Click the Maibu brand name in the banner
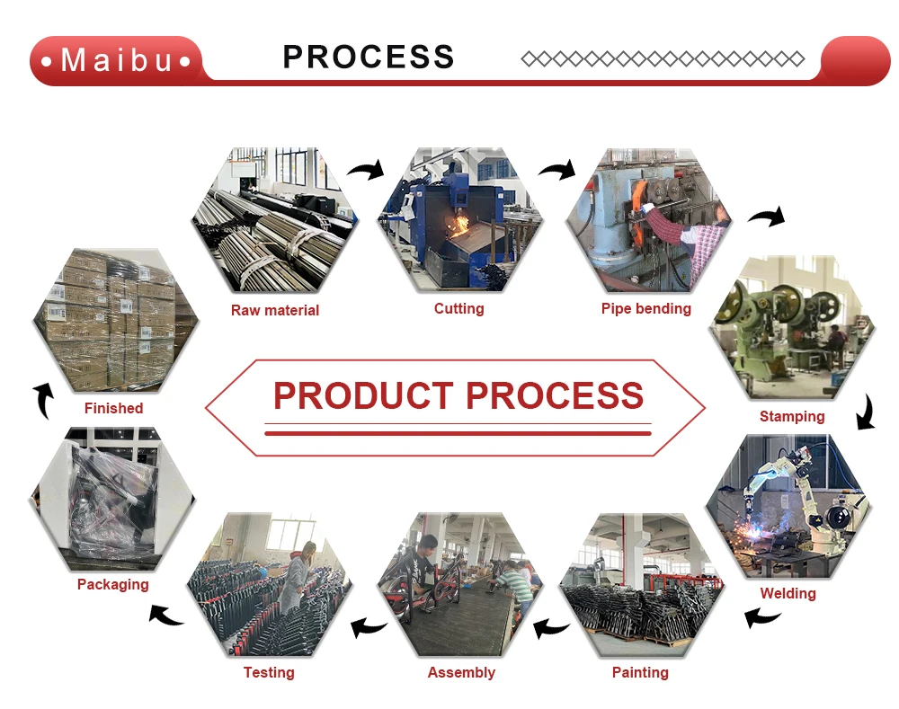click(117, 60)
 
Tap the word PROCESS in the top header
click(369, 57)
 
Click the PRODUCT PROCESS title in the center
click(458, 395)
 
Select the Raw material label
click(275, 311)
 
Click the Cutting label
click(458, 309)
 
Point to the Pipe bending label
click(646, 309)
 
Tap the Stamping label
click(792, 417)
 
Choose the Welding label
click(788, 593)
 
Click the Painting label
click(640, 672)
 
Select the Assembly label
click(461, 672)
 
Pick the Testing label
click(269, 672)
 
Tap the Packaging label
click(113, 585)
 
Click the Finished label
click(114, 409)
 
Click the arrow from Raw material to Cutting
click(366, 169)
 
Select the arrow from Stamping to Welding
click(864, 412)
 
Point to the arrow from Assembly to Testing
click(368, 626)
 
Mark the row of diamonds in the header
click(663, 59)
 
